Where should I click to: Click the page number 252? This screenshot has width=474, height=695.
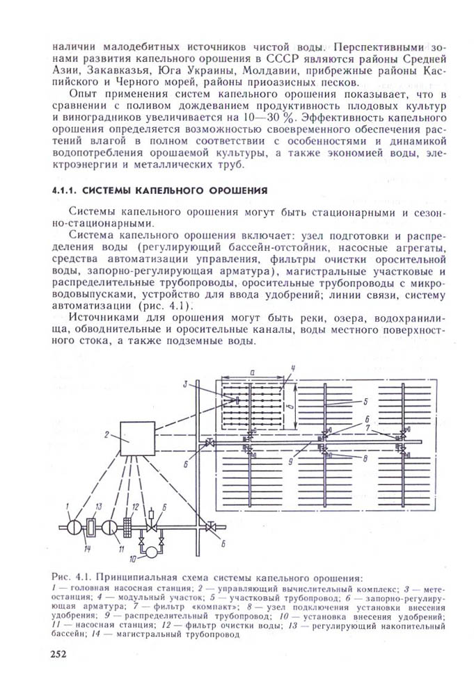point(61,654)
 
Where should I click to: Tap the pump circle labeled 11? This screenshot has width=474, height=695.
point(111,526)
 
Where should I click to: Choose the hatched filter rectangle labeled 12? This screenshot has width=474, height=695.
point(127,525)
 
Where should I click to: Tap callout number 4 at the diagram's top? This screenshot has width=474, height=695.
point(294,368)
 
